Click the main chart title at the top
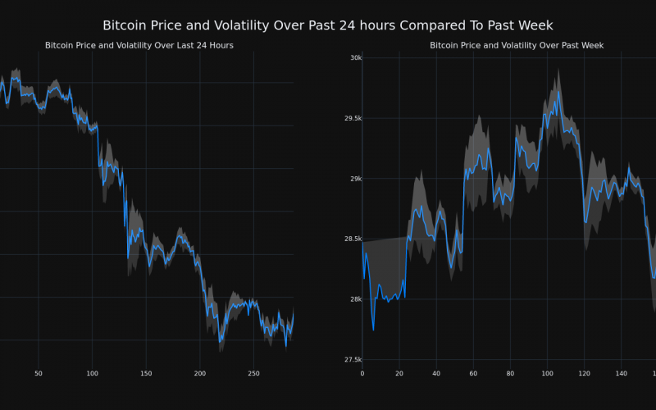[328, 26]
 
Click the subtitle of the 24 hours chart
[139, 45]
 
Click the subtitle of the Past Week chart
[517, 45]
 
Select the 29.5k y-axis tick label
[352, 119]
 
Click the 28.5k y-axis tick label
[352, 239]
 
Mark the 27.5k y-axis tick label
[352, 360]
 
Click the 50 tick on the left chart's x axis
[39, 374]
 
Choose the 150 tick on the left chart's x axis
[146, 374]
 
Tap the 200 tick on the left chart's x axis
[200, 374]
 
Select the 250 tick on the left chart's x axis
[253, 374]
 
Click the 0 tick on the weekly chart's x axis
[362, 374]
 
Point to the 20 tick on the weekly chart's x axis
[399, 374]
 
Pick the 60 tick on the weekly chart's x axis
[473, 374]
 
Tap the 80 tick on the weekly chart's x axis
[510, 374]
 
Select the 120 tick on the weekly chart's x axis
[584, 374]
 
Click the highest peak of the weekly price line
[558, 91]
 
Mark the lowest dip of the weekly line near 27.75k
[373, 330]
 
